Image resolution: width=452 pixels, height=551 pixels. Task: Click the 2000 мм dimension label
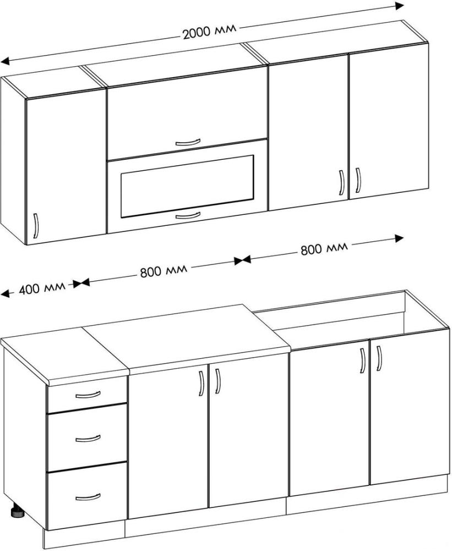click(x=209, y=31)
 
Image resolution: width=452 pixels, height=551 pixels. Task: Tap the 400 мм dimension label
click(x=42, y=288)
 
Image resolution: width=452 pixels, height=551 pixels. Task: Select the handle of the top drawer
click(x=88, y=395)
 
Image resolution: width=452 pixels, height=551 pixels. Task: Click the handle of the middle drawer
click(x=88, y=438)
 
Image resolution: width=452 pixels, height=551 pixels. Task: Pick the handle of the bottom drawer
click(x=88, y=496)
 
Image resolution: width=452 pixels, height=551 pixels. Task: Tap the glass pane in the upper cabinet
click(x=187, y=186)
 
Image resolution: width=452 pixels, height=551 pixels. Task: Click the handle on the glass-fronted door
click(x=188, y=215)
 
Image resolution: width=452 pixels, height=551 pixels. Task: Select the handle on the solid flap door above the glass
click(x=188, y=142)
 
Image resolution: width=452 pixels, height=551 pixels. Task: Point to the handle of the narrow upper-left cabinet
click(x=35, y=225)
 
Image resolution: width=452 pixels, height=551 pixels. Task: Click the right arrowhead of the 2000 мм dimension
click(x=399, y=6)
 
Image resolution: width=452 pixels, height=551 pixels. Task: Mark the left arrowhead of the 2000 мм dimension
click(x=5, y=62)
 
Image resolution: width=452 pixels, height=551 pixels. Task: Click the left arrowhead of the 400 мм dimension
click(x=5, y=294)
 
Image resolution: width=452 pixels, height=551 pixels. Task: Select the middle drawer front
click(x=87, y=438)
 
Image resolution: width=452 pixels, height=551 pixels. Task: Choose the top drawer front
click(x=87, y=395)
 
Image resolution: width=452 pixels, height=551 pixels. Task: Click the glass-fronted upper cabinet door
click(x=187, y=186)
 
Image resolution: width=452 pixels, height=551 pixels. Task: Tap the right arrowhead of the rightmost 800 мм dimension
click(x=399, y=239)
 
